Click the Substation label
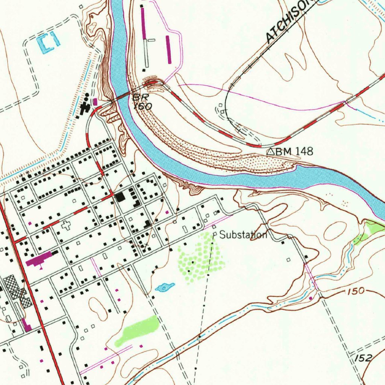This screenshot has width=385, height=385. tap(243, 235)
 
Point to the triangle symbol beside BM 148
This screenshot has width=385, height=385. tap(270, 152)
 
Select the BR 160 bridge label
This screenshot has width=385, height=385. tap(142, 102)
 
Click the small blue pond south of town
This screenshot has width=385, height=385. tap(165, 287)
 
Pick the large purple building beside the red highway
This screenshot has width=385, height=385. tap(39, 259)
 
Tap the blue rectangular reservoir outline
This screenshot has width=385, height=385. tap(49, 43)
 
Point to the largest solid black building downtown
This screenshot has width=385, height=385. tap(121, 197)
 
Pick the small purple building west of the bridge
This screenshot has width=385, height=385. tap(95, 102)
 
